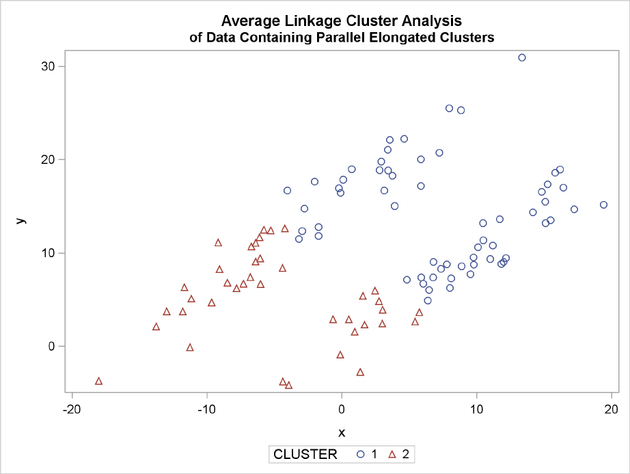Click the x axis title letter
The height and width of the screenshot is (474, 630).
(342, 432)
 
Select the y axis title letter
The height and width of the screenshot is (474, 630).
(22, 220)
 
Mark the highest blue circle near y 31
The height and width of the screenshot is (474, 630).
(522, 57)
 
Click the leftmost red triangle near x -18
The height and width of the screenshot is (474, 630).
(98, 381)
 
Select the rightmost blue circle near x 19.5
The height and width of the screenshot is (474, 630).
(603, 205)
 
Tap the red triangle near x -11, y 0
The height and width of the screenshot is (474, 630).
(190, 347)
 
